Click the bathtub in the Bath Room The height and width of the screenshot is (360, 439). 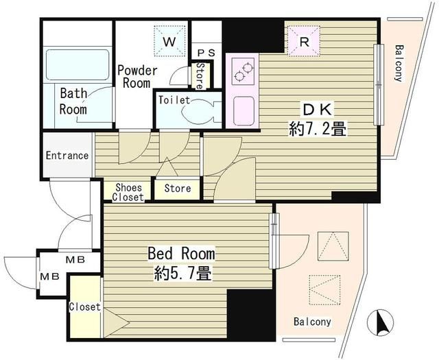coord(78,64)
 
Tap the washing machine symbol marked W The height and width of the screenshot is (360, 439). coord(169,41)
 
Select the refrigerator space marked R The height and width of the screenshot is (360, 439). coord(304,41)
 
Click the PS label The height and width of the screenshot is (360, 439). coord(206,53)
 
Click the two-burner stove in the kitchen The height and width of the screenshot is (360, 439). coord(244,72)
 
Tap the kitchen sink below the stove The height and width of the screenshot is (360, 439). coord(244,111)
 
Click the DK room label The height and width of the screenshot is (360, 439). coord(318,110)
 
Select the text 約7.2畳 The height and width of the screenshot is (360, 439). coord(318,130)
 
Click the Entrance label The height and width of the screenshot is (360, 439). coord(67,156)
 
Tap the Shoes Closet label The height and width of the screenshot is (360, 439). coord(128,192)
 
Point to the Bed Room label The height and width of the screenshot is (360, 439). coord(181,254)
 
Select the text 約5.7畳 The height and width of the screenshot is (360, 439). coord(182,273)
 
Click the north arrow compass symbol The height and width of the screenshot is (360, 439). coord(380,322)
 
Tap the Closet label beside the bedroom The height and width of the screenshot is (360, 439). coord(84,307)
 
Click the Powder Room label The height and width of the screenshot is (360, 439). coord(137,77)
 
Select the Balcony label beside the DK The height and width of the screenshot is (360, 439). coord(399,63)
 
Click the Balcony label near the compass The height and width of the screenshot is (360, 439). coord(312,322)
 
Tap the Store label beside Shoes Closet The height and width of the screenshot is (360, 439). coord(178,189)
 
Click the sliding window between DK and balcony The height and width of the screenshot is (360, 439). coord(379,84)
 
